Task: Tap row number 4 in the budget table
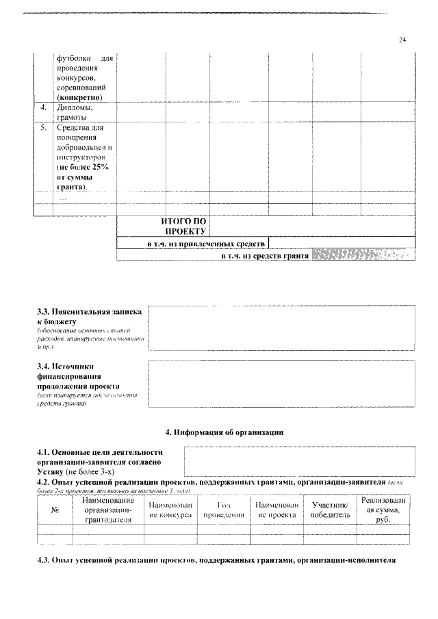[x=43, y=107]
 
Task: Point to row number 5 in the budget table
[x=43, y=127]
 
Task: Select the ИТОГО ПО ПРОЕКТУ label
[x=183, y=226]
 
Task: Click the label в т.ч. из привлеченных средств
[x=206, y=243]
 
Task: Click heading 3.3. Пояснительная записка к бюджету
[x=89, y=316]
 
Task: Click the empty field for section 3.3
[x=281, y=328]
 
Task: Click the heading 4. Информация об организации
[x=224, y=432]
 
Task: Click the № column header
[x=54, y=510]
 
